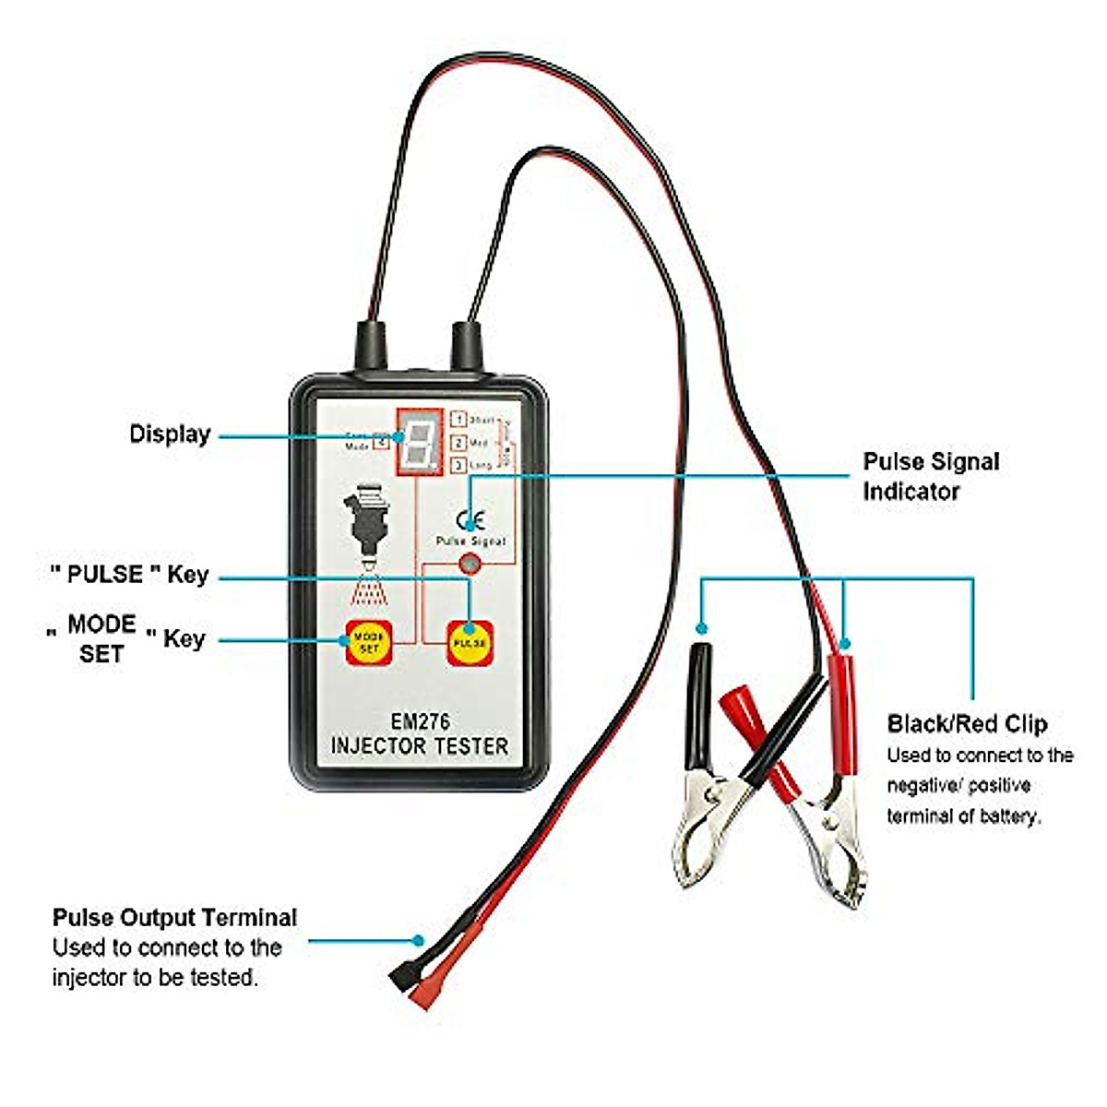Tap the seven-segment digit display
pos(420,442)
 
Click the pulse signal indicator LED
pos(469,565)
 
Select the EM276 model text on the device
pos(420,721)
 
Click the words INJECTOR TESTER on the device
pos(420,745)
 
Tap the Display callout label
pos(170,434)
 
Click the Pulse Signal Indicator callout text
pos(930,476)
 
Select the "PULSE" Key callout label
pos(129,575)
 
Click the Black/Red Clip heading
pos(967,724)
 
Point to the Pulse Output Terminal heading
pos(174,918)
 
